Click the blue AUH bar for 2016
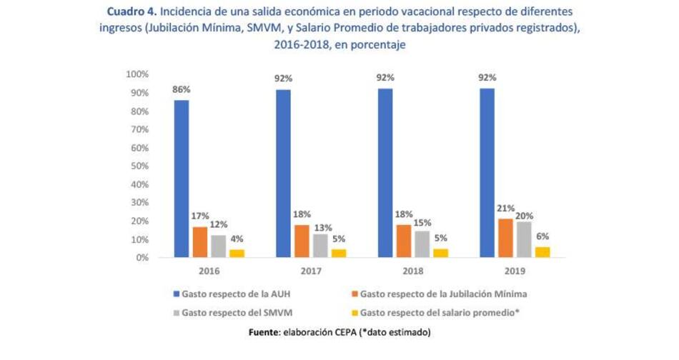181,179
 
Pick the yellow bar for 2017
339,252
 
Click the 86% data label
181,90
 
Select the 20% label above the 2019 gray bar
525,216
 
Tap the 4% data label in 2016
237,239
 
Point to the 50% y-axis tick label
138,166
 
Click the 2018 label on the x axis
414,272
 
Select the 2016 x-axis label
209,272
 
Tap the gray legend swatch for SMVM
176,312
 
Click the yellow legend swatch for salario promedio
355,312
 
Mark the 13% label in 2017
321,228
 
